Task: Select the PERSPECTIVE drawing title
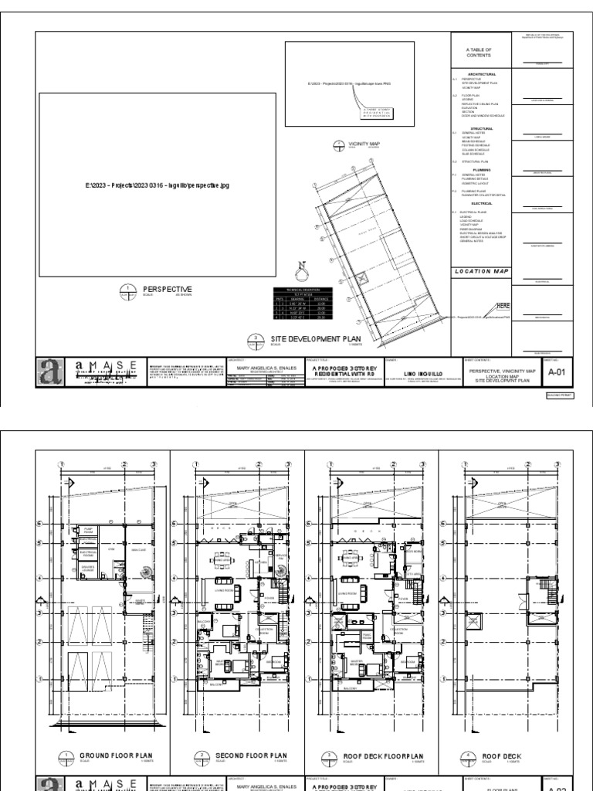(167, 289)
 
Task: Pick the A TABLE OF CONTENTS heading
(479, 52)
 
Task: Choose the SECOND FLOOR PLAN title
(250, 755)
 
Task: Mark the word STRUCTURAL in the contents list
(481, 129)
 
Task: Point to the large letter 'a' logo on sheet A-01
(51, 371)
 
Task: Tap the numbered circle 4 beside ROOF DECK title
(469, 757)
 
